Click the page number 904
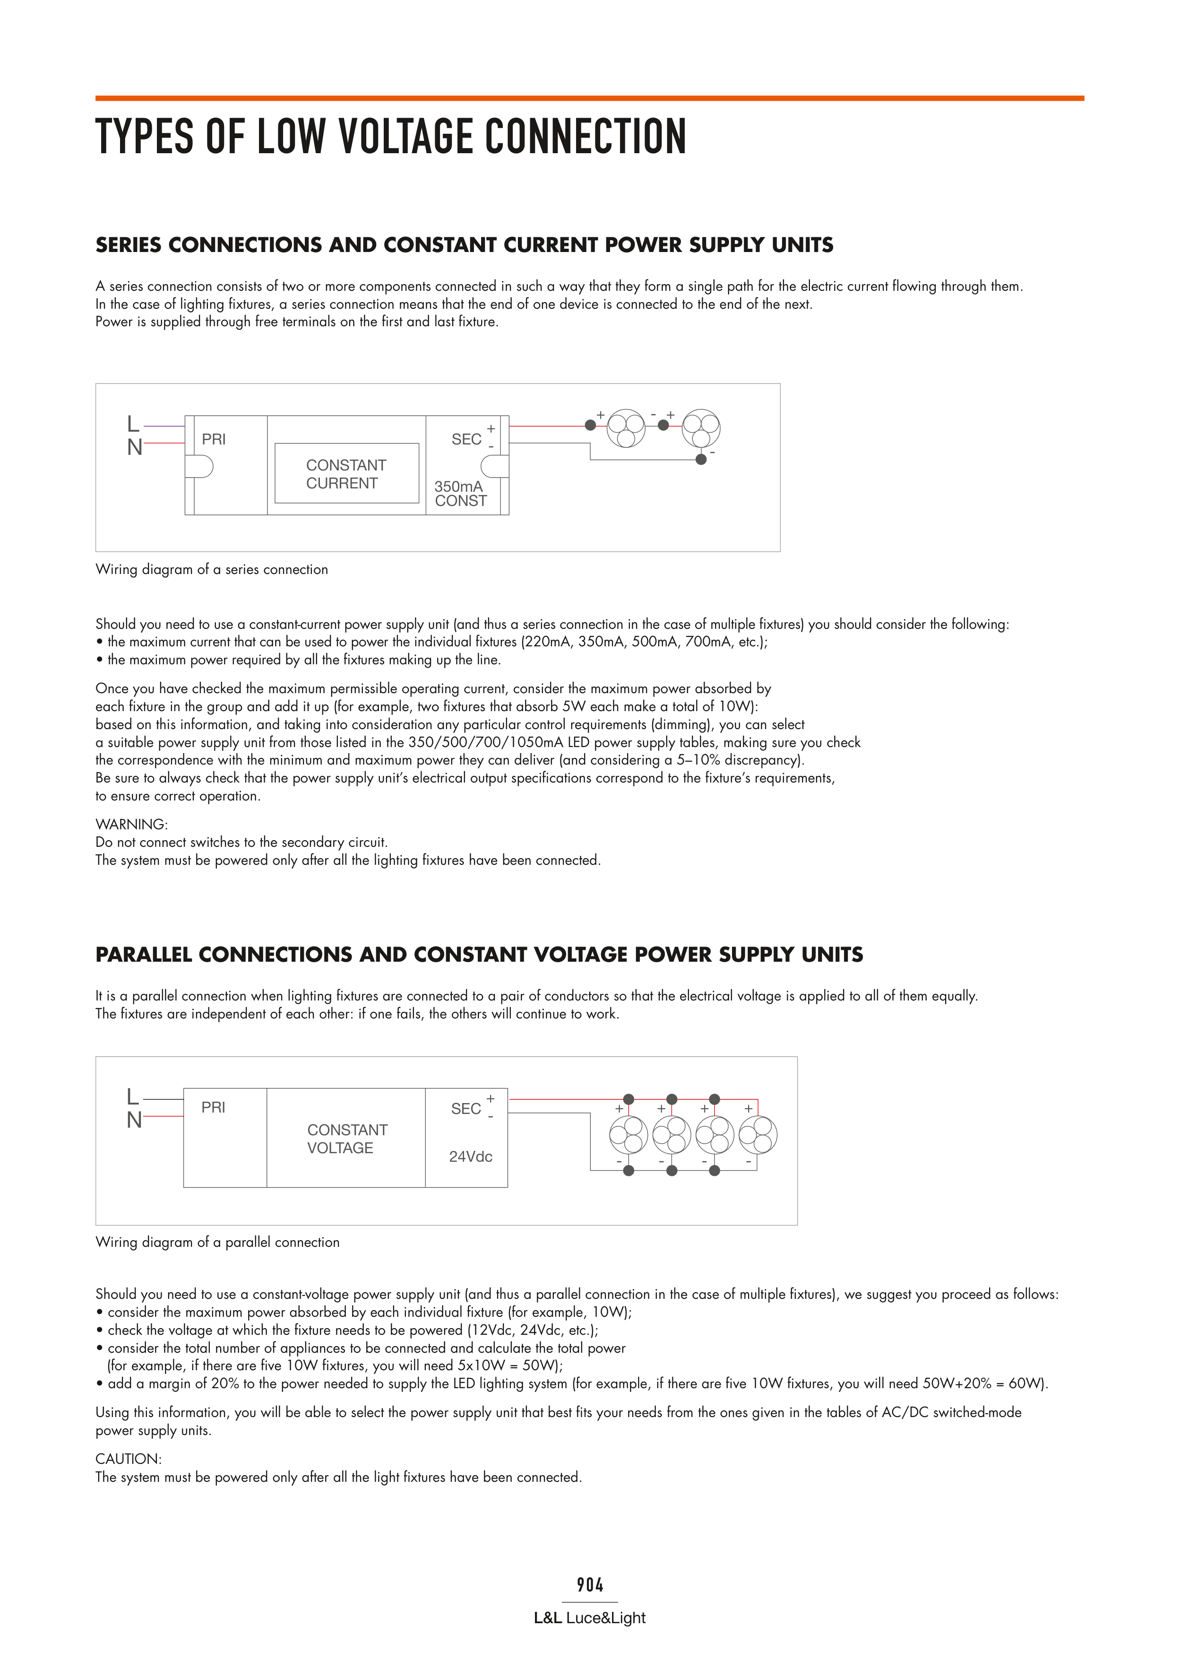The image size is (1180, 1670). (590, 1585)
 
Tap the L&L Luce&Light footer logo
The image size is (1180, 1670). (590, 1618)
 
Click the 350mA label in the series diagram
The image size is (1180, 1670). (458, 486)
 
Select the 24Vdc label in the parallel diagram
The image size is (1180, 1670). (470, 1157)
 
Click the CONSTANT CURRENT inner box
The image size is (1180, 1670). (347, 473)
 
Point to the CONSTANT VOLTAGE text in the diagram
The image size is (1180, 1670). (347, 1139)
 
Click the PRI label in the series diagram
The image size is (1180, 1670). (214, 439)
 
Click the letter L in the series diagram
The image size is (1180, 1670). (133, 423)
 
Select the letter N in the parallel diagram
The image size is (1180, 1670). (134, 1120)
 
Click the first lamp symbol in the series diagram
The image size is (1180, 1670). (626, 428)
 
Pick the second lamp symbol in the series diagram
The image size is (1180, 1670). (701, 428)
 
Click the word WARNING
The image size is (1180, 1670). (131, 824)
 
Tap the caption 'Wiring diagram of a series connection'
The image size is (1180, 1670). (212, 570)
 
